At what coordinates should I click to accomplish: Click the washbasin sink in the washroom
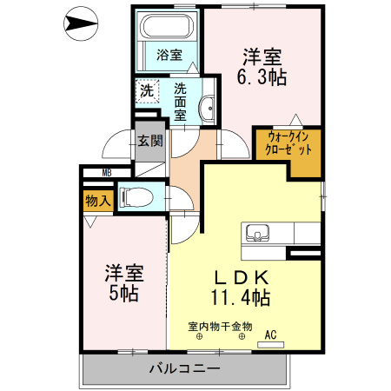[208, 109]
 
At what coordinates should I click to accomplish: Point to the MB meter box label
[107, 172]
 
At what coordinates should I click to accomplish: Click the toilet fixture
[134, 198]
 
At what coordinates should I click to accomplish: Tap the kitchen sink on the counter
[258, 233]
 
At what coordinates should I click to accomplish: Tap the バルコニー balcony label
[185, 368]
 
